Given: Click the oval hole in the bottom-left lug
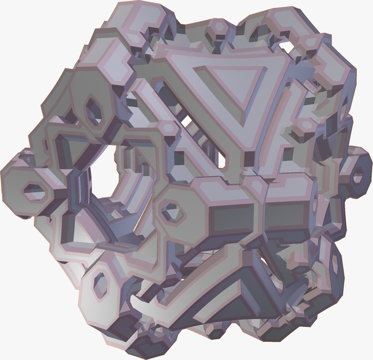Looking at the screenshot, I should [100, 285].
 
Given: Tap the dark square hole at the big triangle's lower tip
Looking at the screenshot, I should [249, 159].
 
